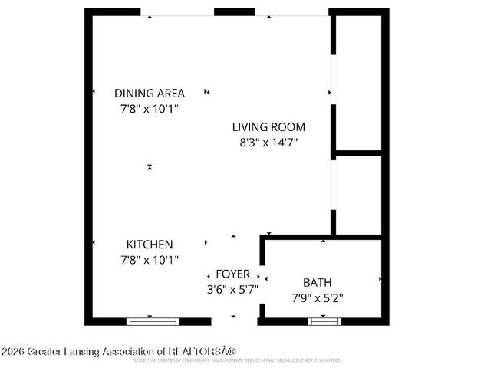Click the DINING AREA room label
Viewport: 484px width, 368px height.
[150, 93]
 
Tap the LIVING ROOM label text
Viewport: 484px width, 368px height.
[269, 127]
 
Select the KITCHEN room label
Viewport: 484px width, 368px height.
[150, 244]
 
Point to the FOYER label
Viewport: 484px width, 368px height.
[232, 274]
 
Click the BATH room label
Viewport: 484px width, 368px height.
[317, 281]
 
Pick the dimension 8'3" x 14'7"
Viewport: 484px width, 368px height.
[269, 142]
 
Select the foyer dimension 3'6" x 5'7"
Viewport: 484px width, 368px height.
[232, 290]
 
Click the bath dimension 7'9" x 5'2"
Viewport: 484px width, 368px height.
[317, 297]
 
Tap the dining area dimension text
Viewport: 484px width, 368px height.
[150, 108]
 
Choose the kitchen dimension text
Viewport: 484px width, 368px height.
[150, 260]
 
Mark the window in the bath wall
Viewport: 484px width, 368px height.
[323, 321]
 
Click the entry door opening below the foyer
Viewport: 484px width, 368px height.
[234, 321]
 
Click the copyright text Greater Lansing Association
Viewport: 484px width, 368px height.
[119, 351]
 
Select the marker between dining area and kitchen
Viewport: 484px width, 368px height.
[150, 167]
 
